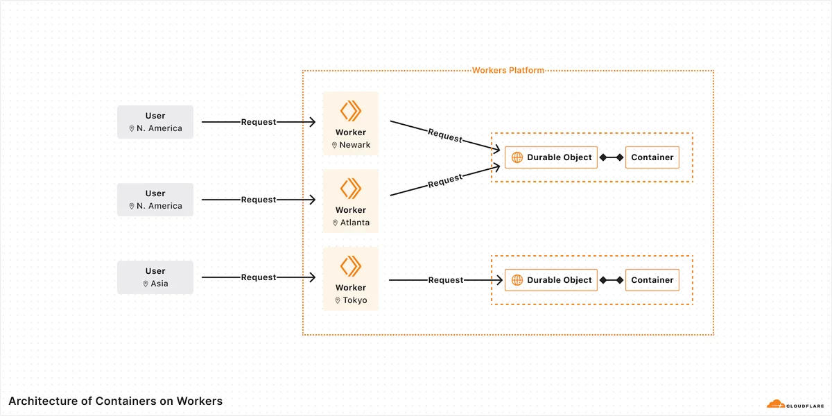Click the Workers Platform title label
coord(508,70)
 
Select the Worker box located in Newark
coord(351,123)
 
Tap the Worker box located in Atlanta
coord(351,201)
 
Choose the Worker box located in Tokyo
coord(351,279)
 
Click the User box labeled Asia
coord(155,277)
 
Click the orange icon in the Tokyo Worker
coord(351,266)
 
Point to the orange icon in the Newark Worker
coord(351,111)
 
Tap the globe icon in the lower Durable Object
coord(517,280)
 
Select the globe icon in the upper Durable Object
coord(517,157)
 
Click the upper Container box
coord(652,157)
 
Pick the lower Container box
coord(652,280)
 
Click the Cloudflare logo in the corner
coord(795,404)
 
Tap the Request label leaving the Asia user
coord(259,277)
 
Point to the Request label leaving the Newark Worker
coord(445,135)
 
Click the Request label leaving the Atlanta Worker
coord(445,180)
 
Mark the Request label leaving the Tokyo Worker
coord(446,280)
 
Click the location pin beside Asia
coord(146,284)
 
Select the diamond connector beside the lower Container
coord(620,280)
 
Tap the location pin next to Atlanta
coord(335,223)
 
